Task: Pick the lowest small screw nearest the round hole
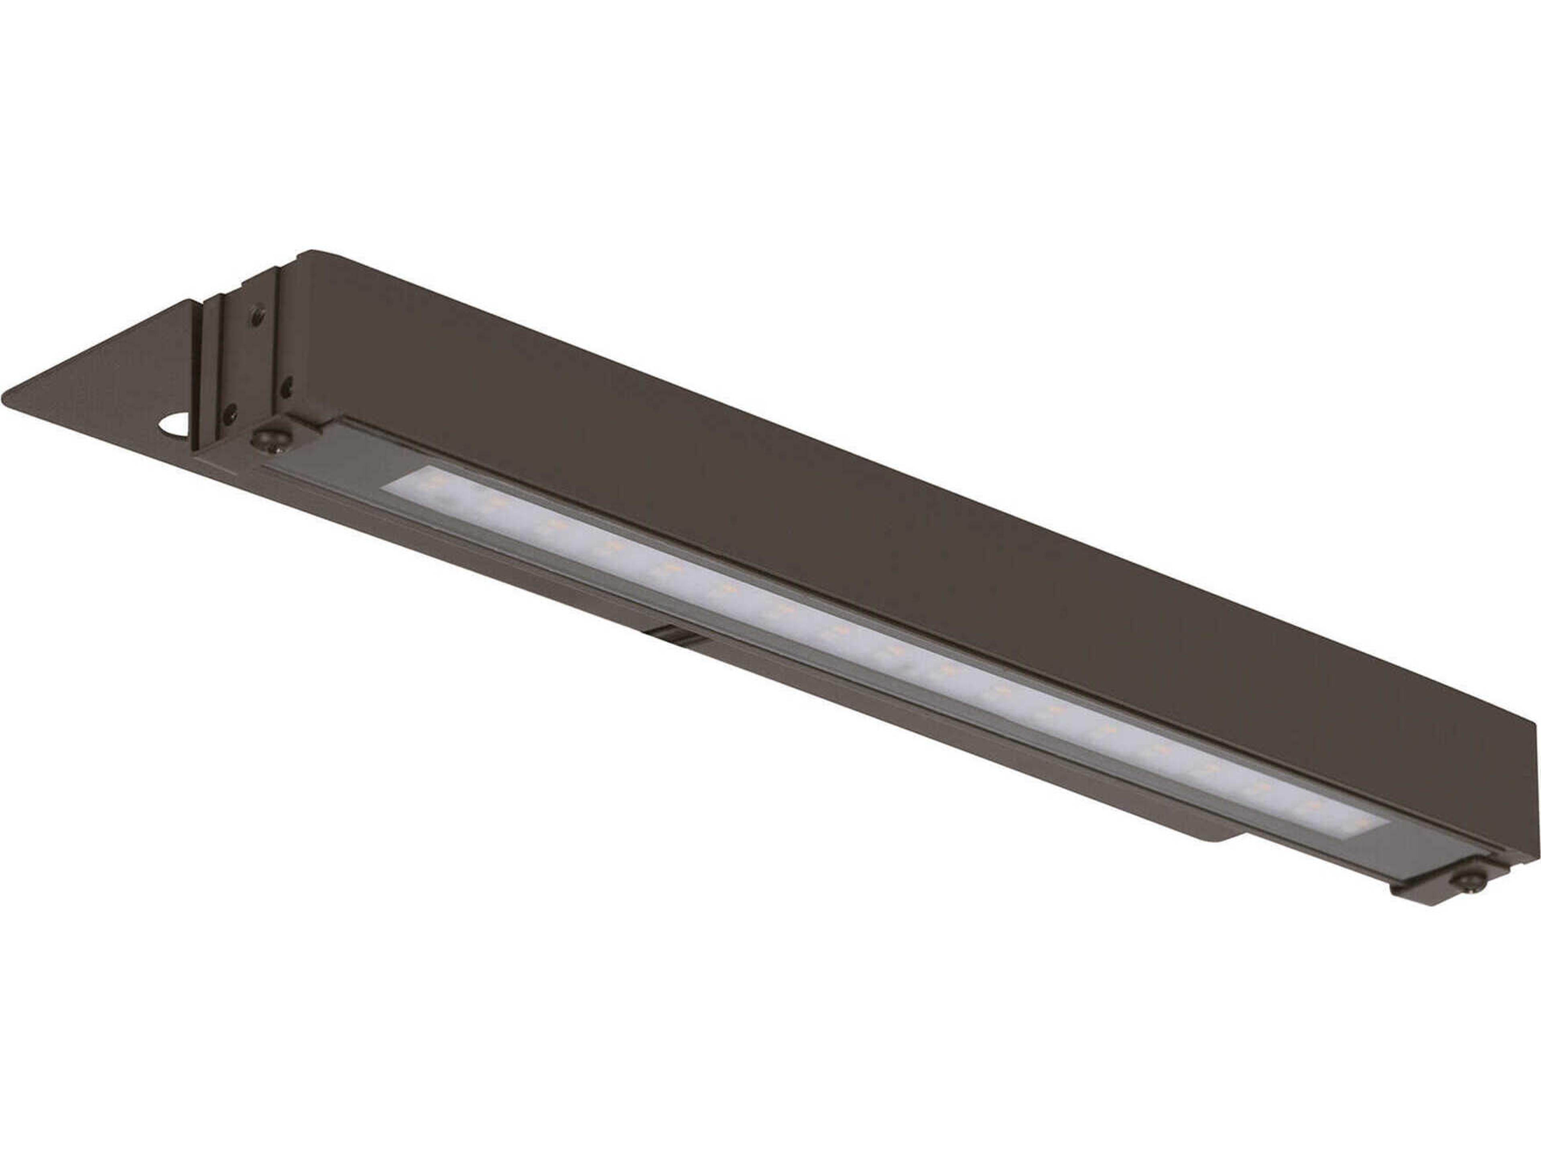(228, 416)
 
